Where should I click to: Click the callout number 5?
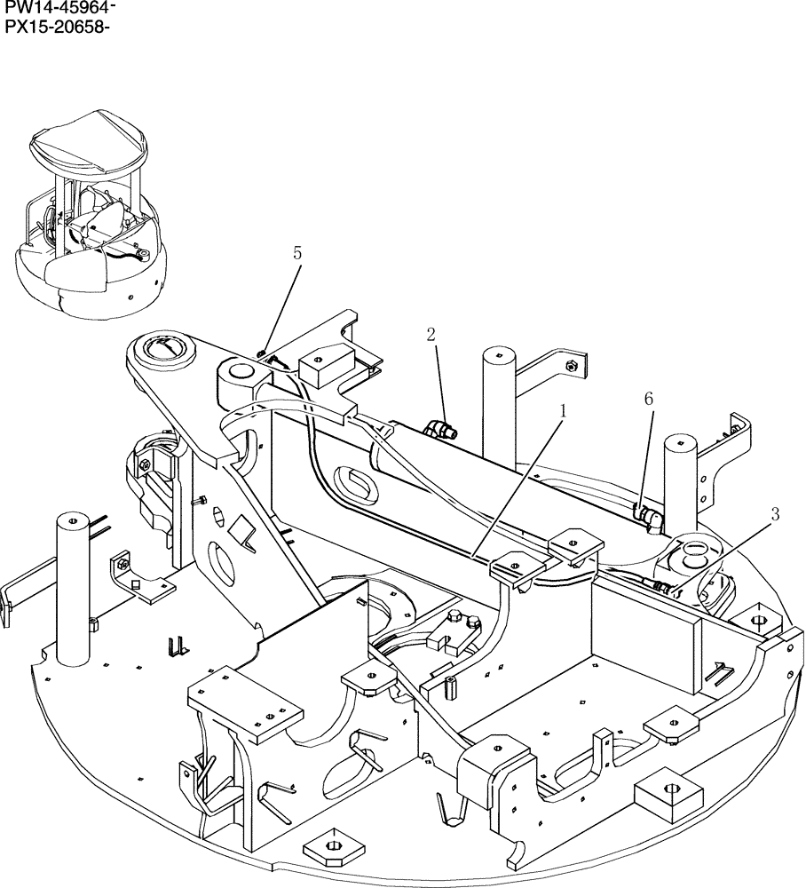[x=297, y=253]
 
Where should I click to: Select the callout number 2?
[x=431, y=334]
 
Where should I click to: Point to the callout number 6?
[x=649, y=400]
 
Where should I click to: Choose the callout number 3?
[x=775, y=513]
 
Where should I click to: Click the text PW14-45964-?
[x=60, y=9]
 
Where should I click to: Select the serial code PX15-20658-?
[x=59, y=27]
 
